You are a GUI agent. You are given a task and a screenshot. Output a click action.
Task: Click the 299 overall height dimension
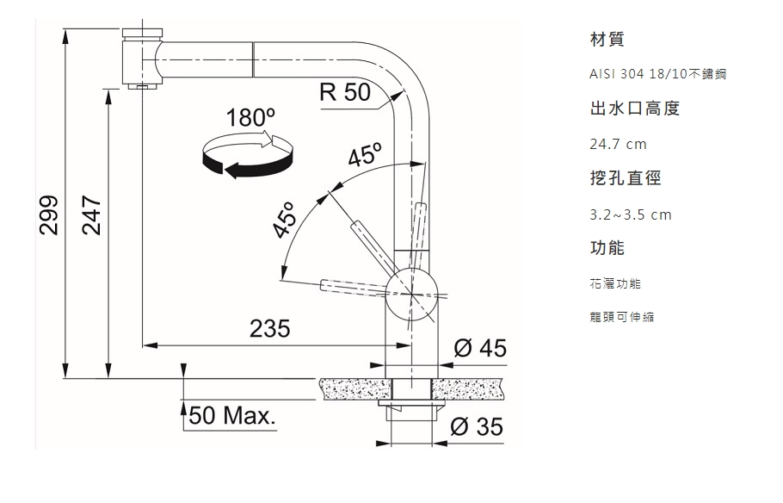pos(48,215)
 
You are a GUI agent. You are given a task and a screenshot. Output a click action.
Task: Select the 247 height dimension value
pos(92,215)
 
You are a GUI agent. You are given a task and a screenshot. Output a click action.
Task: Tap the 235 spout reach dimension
pos(269,328)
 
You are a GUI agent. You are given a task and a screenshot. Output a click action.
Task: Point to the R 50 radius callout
pos(345,91)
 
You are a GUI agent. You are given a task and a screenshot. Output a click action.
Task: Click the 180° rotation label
pos(250,118)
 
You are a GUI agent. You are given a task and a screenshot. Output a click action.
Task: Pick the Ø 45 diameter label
pos(480,348)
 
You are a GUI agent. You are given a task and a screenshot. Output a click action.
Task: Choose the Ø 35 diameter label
pos(477,426)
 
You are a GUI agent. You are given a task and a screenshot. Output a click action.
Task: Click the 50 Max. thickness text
pos(232,415)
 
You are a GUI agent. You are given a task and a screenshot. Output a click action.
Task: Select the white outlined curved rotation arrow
pos(240,141)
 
